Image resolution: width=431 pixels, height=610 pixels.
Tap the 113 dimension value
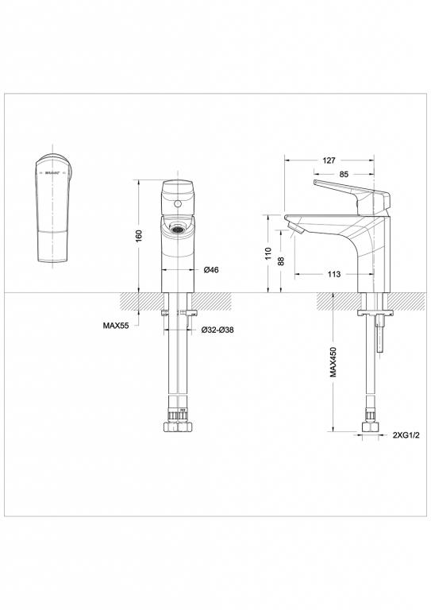333,274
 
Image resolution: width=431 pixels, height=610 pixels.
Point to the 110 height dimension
269,253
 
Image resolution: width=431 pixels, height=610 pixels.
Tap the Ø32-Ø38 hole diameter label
216,330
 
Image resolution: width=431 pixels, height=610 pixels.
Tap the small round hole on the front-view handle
179,207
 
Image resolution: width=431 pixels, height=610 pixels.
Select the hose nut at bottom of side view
369,427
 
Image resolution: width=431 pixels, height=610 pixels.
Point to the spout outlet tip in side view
297,230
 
